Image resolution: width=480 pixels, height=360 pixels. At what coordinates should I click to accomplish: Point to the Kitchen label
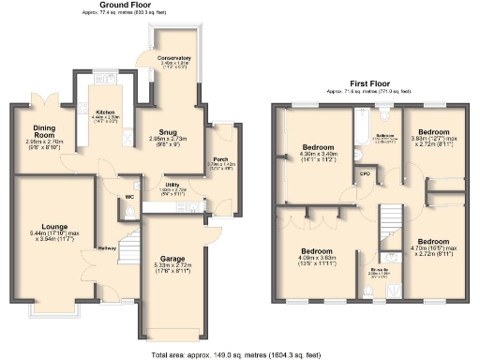coord(105,112)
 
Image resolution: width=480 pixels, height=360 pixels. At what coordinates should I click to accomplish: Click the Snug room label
coord(170,132)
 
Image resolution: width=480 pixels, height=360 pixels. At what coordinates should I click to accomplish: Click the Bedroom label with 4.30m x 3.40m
coord(317,148)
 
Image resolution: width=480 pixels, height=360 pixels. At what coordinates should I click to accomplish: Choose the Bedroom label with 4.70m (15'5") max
coord(437,242)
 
